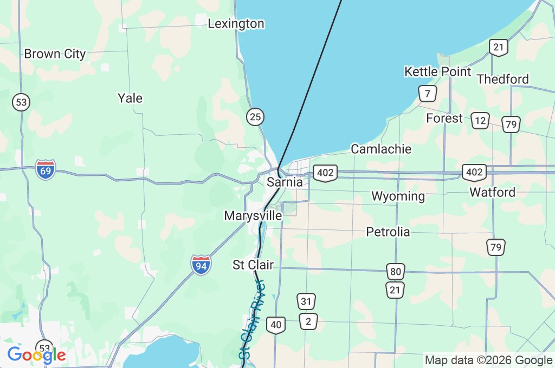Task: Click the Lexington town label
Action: [x=236, y=24]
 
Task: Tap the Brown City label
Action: [x=55, y=54]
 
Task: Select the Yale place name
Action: [x=130, y=98]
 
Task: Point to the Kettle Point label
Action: [x=438, y=71]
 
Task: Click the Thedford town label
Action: [x=502, y=79]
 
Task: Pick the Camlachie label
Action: [x=381, y=149]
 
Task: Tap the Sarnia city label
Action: [x=285, y=182]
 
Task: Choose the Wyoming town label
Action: [x=398, y=196]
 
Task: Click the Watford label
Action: [x=492, y=192]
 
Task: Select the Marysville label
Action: [x=253, y=215]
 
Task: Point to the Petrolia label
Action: [x=388, y=232]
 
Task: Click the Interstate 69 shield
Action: [x=46, y=170]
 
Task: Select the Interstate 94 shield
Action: [x=201, y=265]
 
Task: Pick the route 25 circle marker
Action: [x=255, y=116]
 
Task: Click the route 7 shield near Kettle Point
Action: [x=428, y=94]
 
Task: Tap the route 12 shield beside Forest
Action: [x=480, y=120]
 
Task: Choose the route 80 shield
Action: [x=396, y=271]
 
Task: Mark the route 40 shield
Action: [x=276, y=325]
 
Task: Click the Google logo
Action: [x=36, y=355]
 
